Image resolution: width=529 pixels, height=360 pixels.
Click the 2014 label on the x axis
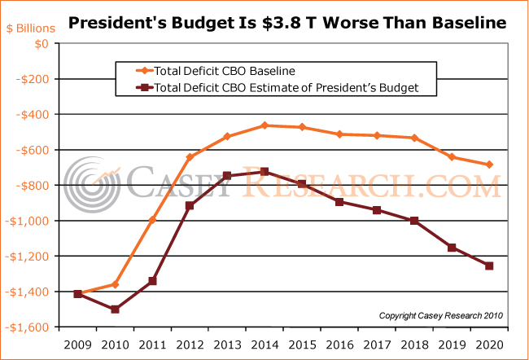tap(264, 345)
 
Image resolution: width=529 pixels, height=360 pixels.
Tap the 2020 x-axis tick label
tap(489, 345)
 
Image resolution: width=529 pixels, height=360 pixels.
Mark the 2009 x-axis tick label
tap(78, 345)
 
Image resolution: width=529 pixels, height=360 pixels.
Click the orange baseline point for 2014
tap(264, 125)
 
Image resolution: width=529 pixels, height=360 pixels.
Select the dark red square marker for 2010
tap(116, 310)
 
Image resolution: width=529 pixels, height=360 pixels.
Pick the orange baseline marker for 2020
tap(489, 165)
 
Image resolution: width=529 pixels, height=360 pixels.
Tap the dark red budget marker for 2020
tap(489, 266)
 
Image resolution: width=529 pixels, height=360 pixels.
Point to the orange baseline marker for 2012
tap(190, 157)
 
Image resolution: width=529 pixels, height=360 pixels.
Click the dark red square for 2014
tap(264, 172)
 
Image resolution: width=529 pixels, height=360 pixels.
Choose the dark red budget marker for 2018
tap(414, 221)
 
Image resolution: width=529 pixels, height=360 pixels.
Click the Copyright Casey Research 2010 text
tap(441, 315)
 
